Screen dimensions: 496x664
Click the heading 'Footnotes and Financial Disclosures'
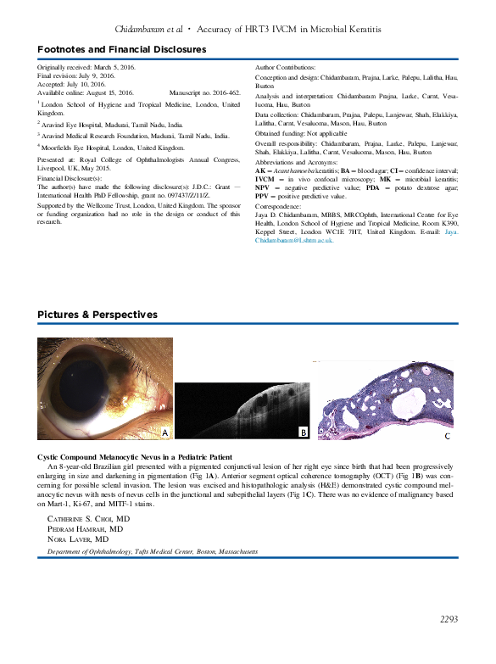[x=121, y=50]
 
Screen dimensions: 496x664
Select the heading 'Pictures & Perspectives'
[x=97, y=315]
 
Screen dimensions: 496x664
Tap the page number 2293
[x=449, y=620]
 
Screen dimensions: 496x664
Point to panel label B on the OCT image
[x=303, y=433]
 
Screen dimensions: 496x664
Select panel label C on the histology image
[x=448, y=436]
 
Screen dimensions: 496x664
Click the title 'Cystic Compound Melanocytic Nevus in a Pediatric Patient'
[x=136, y=457]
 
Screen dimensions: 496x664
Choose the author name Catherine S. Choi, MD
[x=88, y=517]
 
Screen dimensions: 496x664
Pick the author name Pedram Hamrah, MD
[x=85, y=528]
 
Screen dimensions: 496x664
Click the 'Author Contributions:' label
[x=285, y=66]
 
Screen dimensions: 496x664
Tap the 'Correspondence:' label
[x=279, y=206]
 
